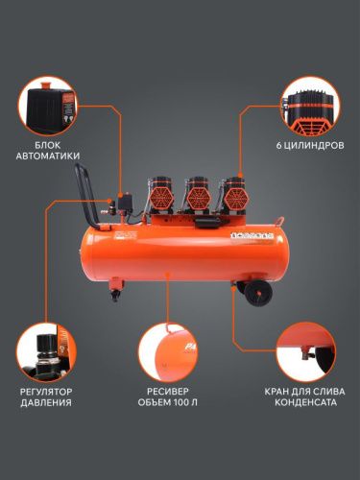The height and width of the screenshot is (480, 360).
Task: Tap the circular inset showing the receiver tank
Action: click(x=174, y=350)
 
